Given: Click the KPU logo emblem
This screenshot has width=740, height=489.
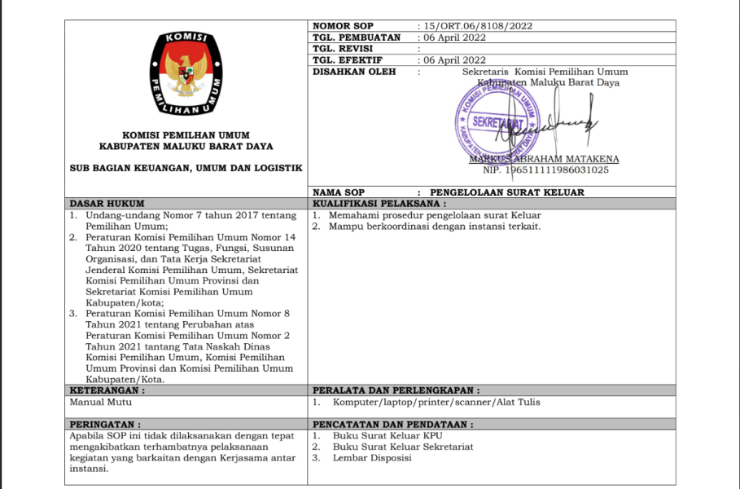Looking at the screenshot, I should click(186, 73).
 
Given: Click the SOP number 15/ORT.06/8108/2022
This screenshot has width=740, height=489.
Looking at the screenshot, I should click(474, 25).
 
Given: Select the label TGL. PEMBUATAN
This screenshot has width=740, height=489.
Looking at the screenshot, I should click(356, 37).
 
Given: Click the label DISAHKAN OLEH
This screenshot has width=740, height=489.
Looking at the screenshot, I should click(353, 72).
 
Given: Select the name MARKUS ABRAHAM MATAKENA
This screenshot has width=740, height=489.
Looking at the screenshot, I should click(544, 159).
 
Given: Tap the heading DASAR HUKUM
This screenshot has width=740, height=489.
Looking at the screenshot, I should click(107, 203).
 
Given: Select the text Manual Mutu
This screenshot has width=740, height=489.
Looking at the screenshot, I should click(101, 402).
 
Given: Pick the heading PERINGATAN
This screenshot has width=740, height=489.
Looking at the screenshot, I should click(105, 424).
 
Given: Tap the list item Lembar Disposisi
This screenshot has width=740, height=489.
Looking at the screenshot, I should click(372, 457).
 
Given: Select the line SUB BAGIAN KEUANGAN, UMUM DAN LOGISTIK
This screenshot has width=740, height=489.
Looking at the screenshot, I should click(186, 168).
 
